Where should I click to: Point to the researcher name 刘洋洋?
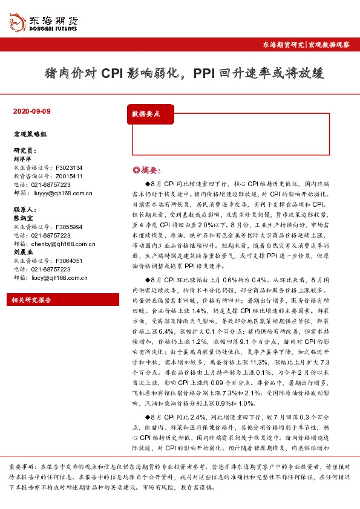22,159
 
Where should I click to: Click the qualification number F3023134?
69,167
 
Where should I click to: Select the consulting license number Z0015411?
69,176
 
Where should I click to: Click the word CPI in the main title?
113,74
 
